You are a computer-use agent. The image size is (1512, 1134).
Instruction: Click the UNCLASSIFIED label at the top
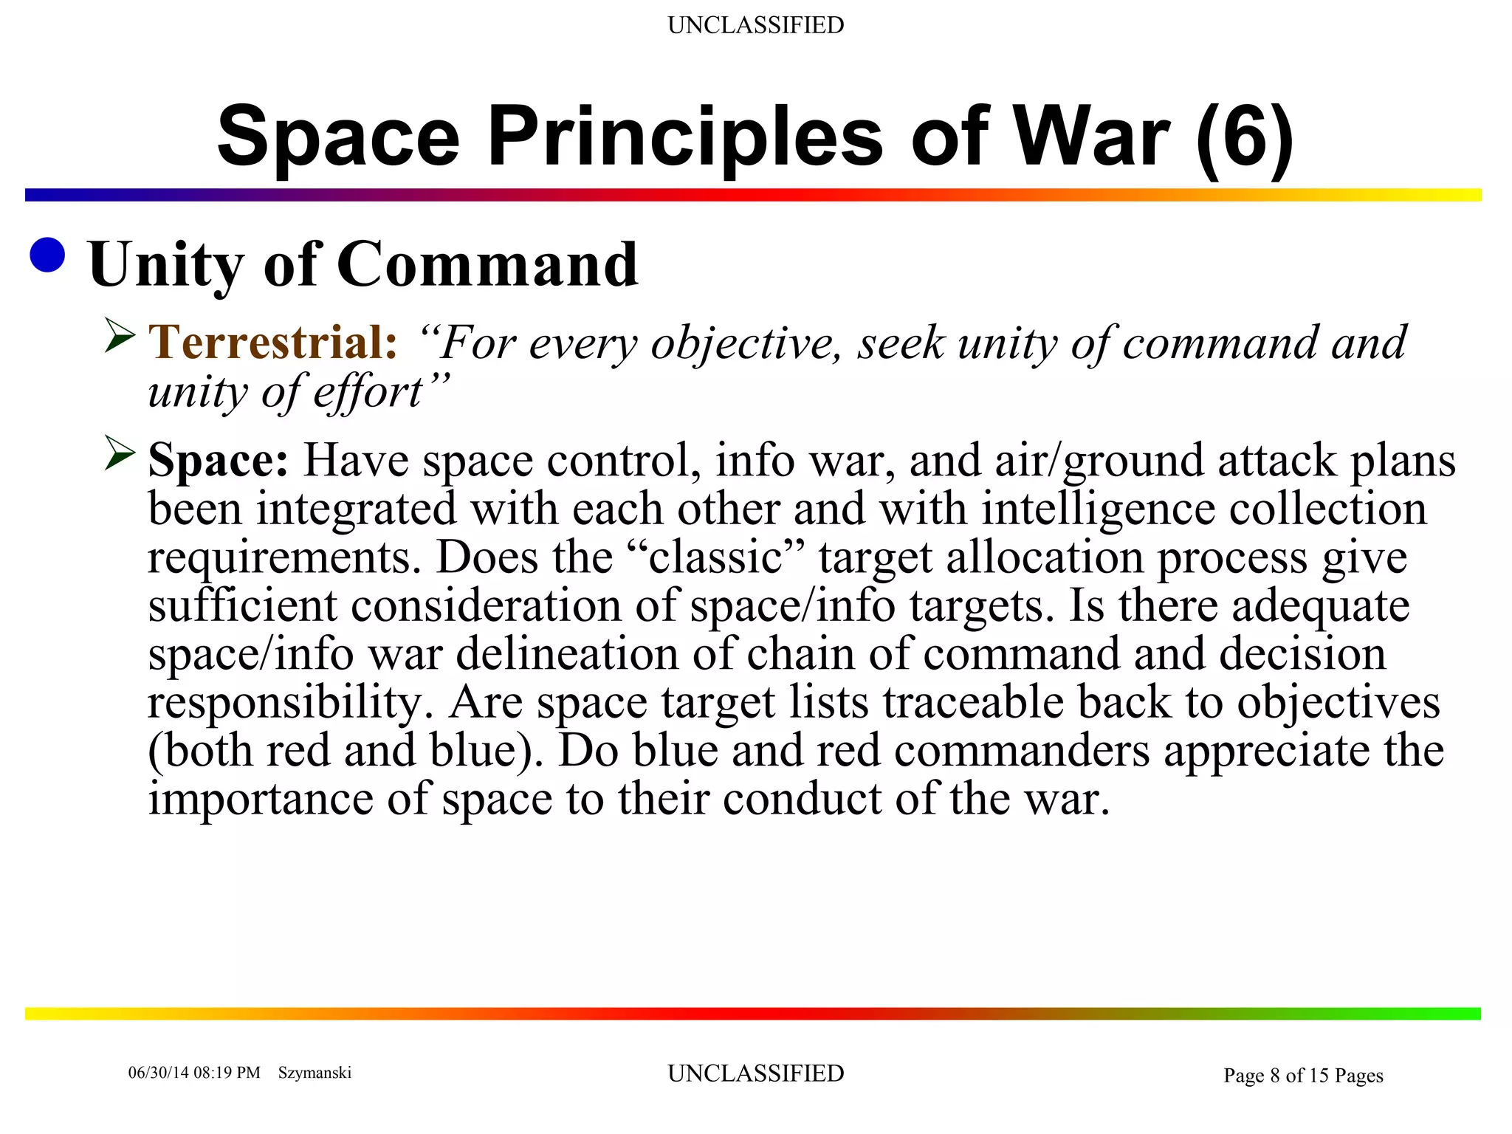click(755, 25)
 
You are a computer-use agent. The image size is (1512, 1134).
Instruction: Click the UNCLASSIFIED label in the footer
click(755, 1073)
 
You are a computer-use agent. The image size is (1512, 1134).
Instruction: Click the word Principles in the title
click(684, 137)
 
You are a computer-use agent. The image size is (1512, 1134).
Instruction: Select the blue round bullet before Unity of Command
click(48, 255)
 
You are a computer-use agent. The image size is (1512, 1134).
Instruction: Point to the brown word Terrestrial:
click(273, 343)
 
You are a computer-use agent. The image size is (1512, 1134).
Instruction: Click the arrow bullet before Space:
click(120, 453)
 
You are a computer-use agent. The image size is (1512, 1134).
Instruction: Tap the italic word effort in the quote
click(367, 392)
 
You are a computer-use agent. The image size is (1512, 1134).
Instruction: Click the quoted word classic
click(715, 557)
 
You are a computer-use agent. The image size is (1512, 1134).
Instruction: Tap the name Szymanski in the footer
click(315, 1073)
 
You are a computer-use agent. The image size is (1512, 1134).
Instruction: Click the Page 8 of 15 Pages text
click(1303, 1076)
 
